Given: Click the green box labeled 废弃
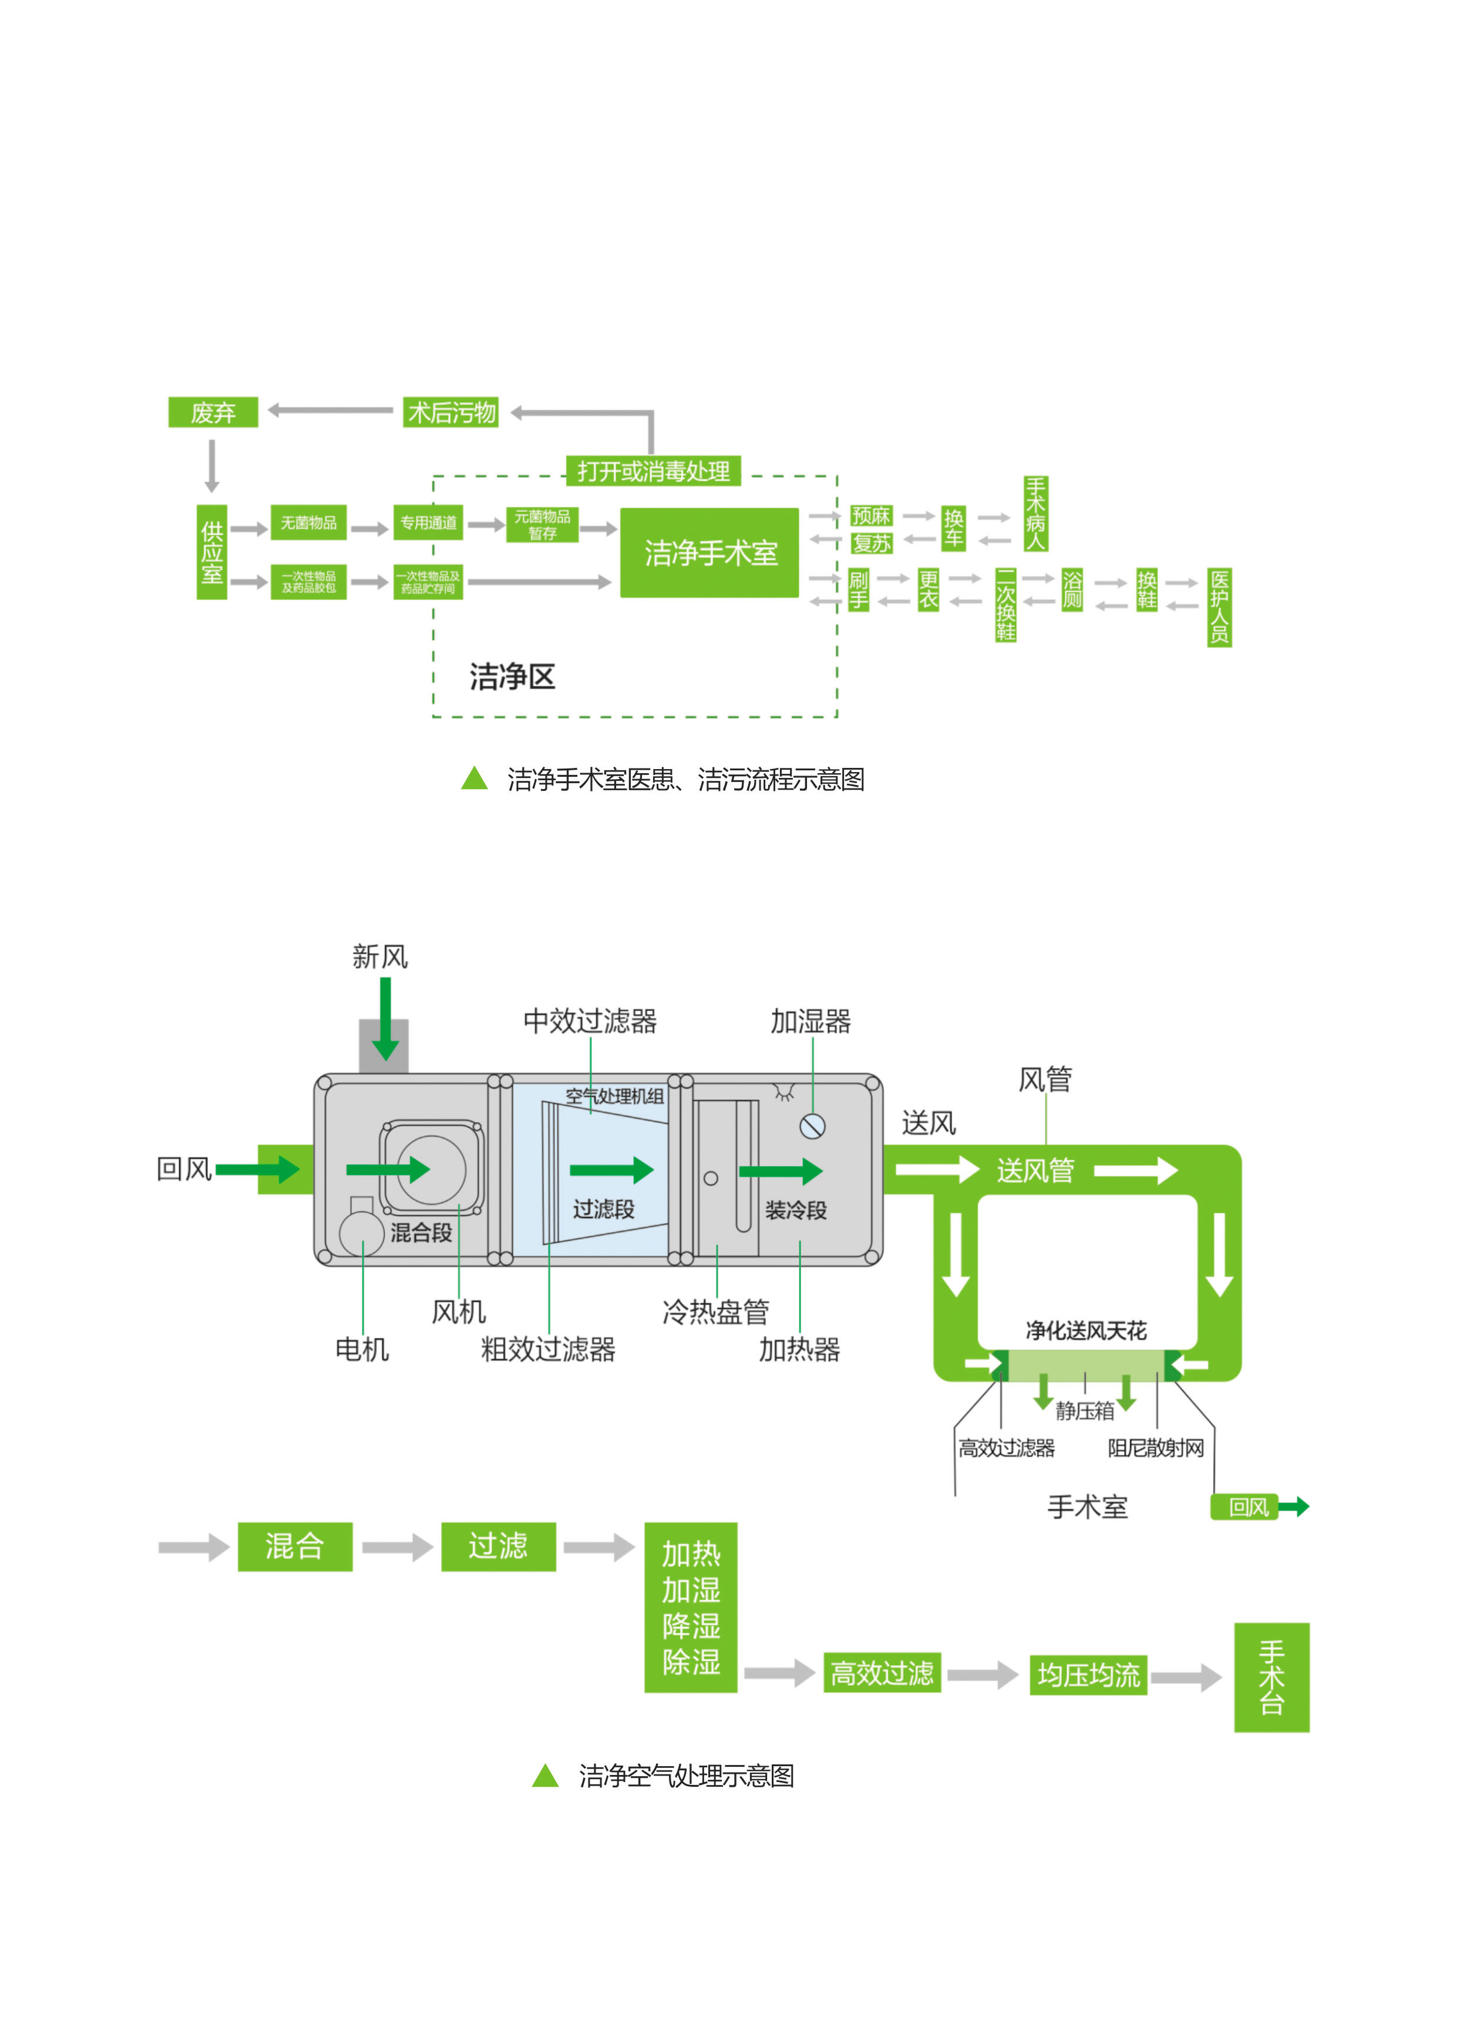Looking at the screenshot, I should tap(213, 412).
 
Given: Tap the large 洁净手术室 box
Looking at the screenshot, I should tap(709, 552).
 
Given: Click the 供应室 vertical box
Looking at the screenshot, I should tap(212, 551).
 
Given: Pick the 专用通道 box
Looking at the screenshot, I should tap(428, 522).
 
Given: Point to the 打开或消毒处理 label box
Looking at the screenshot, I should tap(653, 471).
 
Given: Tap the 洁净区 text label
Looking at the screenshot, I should tap(512, 677).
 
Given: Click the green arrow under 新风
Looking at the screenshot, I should tap(385, 1018).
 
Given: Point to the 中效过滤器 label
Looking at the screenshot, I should tap(590, 1021).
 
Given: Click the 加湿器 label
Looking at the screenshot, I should tap(811, 1021).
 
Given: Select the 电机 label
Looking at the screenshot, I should tap(362, 1348).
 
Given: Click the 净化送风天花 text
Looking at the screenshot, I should tap(1085, 1330).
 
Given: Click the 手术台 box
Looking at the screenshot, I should tap(1271, 1677).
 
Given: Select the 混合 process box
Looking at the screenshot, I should tap(294, 1546).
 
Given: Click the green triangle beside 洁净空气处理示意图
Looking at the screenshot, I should tap(545, 1775).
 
